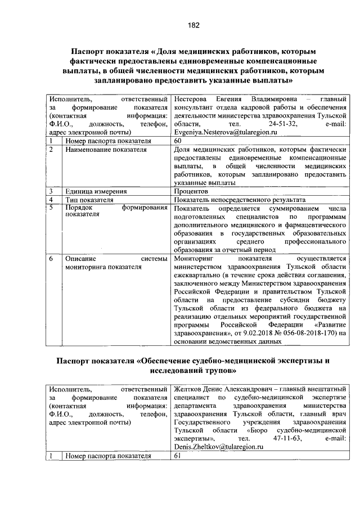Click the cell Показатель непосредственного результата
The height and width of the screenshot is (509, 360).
(x=240, y=200)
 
